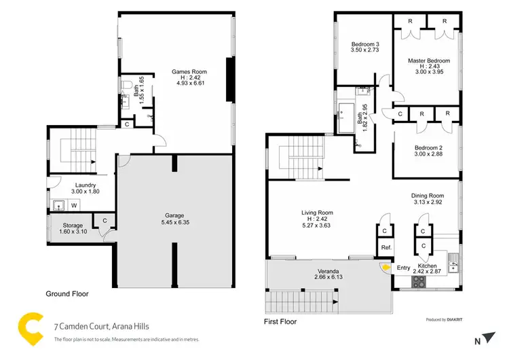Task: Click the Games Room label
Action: (x=189, y=71)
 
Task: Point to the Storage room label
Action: (x=73, y=225)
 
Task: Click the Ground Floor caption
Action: (x=67, y=294)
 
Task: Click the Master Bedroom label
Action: (x=429, y=61)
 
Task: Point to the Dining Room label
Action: (x=428, y=196)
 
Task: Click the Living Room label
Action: (x=318, y=213)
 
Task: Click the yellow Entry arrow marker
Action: (x=387, y=268)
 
